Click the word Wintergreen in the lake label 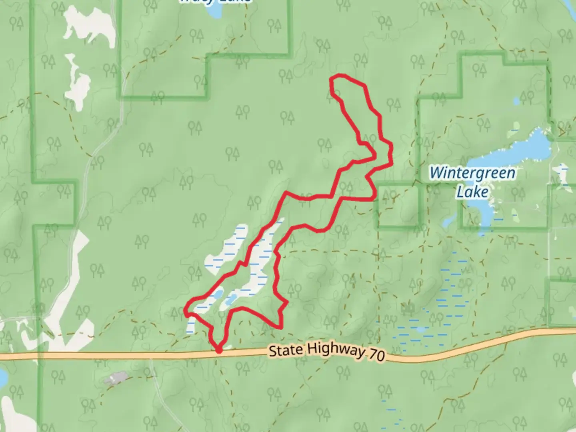(x=472, y=173)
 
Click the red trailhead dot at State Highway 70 (x=219, y=350)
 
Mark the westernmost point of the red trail (x=185, y=310)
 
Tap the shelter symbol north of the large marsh (x=408, y=308)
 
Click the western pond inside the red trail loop (x=217, y=295)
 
